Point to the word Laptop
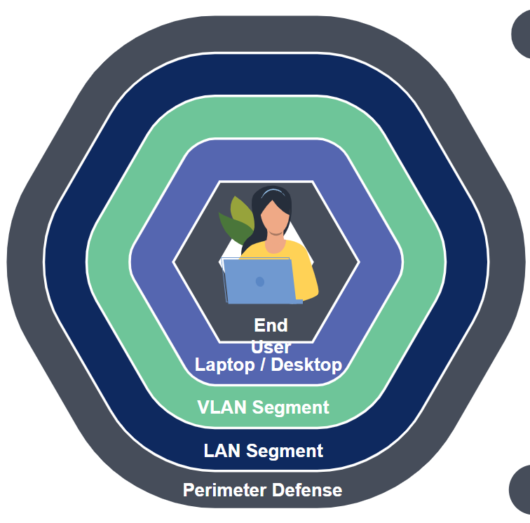pos(224,365)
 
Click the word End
pos(271,325)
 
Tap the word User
pos(271,346)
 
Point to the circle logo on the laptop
pos(260,282)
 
